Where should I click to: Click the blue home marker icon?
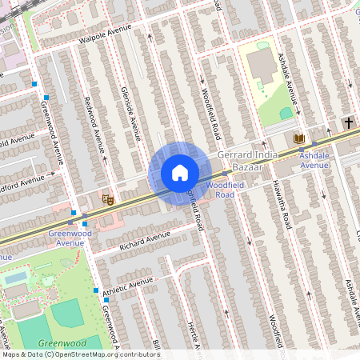(x=179, y=172)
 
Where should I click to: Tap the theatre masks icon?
(x=107, y=196)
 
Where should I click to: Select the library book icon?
(x=299, y=138)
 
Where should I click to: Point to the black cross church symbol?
(x=348, y=123)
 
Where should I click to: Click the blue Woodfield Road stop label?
(x=219, y=190)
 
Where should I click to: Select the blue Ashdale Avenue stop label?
(x=314, y=160)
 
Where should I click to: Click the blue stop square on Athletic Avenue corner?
(x=95, y=290)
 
